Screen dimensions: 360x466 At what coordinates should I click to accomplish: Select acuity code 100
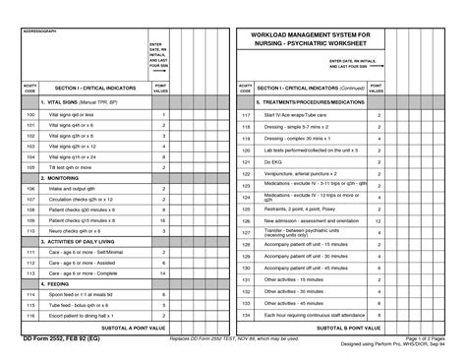[29, 115]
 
